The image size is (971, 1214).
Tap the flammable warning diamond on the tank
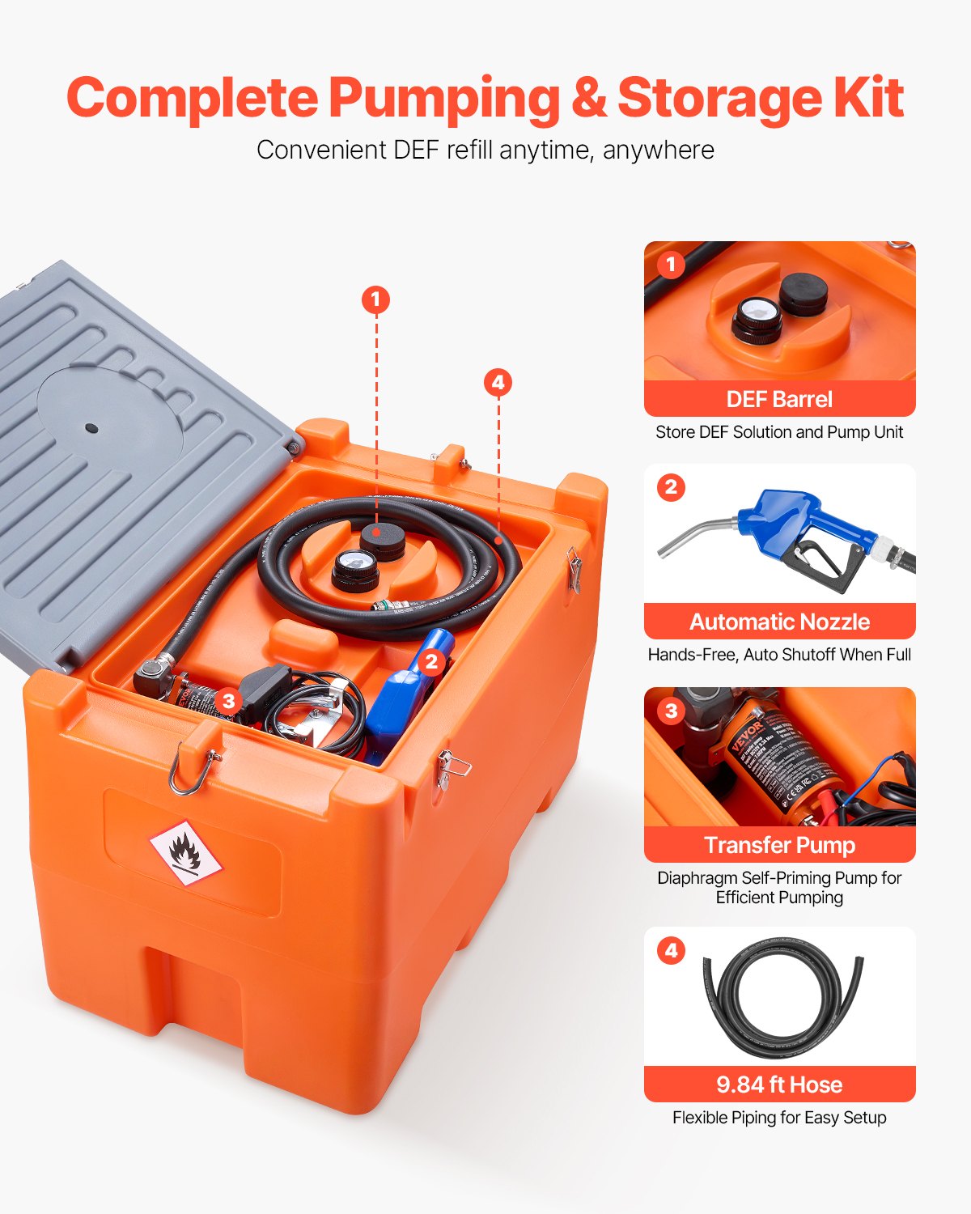186,853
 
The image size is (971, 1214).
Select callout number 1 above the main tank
375,300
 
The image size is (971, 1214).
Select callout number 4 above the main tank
498,383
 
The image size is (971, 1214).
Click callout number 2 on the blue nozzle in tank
431,662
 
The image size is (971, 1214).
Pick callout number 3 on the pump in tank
229,701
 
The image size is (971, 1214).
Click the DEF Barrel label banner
779,399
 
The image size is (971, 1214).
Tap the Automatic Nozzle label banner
779,622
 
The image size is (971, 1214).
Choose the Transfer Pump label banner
779,845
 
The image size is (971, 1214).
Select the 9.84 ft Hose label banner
779,1085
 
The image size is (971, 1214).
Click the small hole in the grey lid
91,428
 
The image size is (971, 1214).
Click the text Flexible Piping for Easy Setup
779,1118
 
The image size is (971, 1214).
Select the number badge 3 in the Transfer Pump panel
671,711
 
